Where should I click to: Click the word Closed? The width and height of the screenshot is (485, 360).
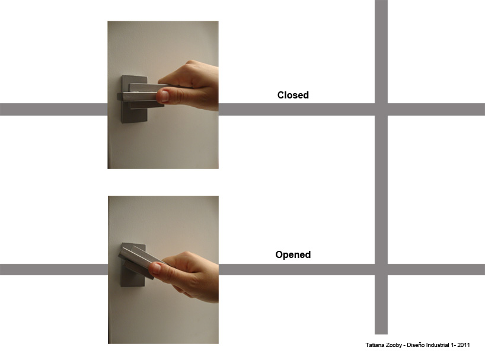pos(293,95)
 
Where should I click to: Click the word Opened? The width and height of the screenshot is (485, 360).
pos(293,254)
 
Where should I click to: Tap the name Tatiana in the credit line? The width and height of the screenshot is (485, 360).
pos(374,345)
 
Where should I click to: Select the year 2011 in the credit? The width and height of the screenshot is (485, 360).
pos(464,345)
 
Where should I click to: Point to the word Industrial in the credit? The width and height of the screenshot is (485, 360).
pos(438,345)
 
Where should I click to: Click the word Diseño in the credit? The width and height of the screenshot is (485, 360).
pos(416,345)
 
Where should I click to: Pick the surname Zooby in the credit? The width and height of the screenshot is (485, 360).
pos(394,345)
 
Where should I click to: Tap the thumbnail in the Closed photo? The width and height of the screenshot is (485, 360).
pos(165,96)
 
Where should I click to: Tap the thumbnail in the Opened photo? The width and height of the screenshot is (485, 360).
pos(156,268)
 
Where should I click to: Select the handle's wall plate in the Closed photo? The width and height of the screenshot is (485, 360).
pos(134,99)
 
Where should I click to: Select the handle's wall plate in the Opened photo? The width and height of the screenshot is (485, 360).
pos(133,265)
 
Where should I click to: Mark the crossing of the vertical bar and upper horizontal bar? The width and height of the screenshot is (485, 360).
pos(381,110)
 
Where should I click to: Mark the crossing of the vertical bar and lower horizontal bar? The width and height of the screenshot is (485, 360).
pos(381,270)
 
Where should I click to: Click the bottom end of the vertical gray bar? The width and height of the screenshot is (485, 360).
pos(381,334)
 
